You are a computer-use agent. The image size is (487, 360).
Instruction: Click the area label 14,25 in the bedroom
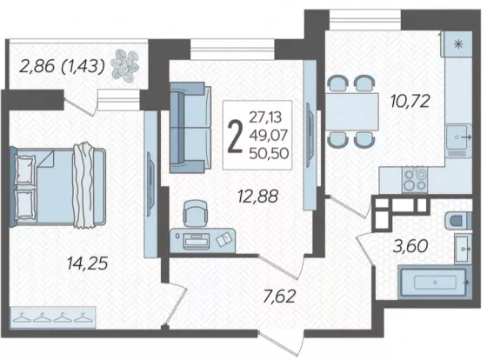[88, 263]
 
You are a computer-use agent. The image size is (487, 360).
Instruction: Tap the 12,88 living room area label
[257, 197]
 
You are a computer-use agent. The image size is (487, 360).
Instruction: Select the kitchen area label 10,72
[410, 101]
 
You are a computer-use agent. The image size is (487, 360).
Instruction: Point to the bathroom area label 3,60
[410, 246]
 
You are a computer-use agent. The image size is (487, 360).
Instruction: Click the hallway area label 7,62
[279, 296]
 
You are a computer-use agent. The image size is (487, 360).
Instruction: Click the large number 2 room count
[235, 137]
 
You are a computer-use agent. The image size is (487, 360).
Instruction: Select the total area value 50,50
[269, 153]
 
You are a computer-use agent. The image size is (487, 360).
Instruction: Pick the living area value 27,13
[265, 117]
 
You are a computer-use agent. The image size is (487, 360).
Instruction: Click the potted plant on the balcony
[125, 66]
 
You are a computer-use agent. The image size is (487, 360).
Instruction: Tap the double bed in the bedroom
[57, 187]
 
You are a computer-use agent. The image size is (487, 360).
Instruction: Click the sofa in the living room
[190, 127]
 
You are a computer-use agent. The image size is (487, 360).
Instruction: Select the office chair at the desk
[195, 213]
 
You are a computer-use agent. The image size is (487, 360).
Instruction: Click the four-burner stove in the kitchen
[415, 179]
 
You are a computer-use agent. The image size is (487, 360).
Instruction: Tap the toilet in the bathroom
[458, 221]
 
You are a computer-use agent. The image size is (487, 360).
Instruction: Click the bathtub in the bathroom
[435, 283]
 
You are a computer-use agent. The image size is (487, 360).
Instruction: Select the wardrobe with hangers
[53, 317]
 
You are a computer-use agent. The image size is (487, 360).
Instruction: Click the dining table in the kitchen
[352, 111]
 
